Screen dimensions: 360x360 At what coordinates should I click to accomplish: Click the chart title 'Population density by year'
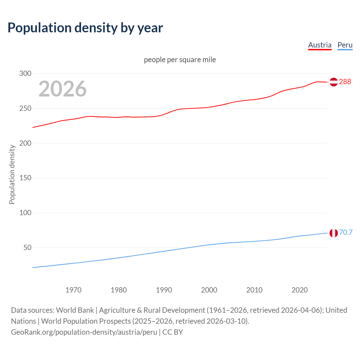click(85, 28)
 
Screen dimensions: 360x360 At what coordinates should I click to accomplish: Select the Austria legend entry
click(320, 45)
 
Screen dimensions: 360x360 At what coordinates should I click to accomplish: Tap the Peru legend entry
click(345, 45)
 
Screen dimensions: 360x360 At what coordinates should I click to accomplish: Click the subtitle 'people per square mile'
click(180, 60)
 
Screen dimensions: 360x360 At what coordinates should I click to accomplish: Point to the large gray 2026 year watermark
click(62, 89)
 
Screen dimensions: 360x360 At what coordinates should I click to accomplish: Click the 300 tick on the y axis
click(25, 74)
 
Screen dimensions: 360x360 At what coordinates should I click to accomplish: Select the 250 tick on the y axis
click(25, 109)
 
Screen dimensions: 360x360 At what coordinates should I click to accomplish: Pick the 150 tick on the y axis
click(25, 178)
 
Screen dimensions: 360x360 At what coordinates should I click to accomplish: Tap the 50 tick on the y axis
click(27, 248)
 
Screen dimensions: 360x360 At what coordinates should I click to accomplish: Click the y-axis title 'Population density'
click(12, 174)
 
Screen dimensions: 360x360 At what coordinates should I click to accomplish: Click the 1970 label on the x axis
click(73, 290)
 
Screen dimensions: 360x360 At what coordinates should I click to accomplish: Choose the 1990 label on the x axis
click(164, 290)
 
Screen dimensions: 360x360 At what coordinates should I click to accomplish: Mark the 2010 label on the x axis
click(254, 290)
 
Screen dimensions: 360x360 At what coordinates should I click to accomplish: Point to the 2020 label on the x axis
click(300, 290)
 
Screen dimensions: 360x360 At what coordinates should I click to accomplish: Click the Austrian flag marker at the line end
click(334, 82)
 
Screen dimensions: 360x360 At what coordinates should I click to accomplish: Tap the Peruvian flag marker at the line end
click(334, 233)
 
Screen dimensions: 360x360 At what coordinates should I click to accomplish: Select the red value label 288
click(345, 82)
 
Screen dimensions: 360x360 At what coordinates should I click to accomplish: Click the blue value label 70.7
click(346, 233)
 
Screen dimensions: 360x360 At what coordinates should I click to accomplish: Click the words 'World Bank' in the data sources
click(75, 310)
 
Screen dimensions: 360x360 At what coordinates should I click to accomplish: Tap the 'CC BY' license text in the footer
click(173, 332)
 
